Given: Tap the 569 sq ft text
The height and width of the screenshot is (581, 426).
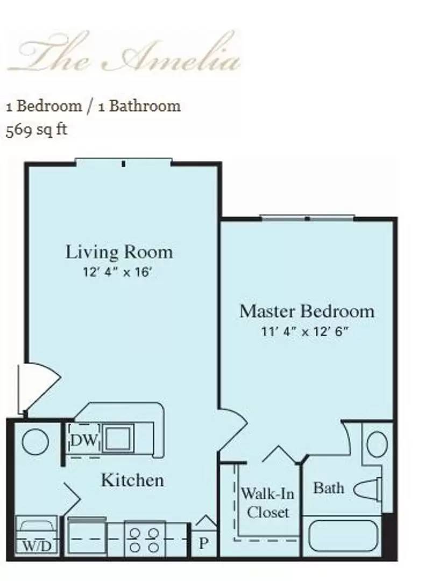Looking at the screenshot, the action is pyautogui.click(x=36, y=130).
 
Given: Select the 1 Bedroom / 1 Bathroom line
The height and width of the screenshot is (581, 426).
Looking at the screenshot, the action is pyautogui.click(x=93, y=106).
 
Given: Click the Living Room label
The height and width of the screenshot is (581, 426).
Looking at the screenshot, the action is pyautogui.click(x=119, y=252).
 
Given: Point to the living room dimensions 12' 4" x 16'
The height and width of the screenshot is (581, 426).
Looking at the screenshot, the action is pyautogui.click(x=117, y=272).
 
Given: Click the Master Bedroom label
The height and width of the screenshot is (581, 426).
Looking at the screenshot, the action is pyautogui.click(x=307, y=311).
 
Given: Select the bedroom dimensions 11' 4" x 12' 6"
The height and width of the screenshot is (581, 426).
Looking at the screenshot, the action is pyautogui.click(x=304, y=331).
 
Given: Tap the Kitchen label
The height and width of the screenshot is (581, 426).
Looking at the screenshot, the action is pyautogui.click(x=132, y=480).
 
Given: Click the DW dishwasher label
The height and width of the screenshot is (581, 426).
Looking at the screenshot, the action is pyautogui.click(x=84, y=441).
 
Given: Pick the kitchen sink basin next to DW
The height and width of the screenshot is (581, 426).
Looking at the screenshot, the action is pyautogui.click(x=118, y=438).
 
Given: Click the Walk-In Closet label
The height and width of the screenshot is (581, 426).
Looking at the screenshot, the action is pyautogui.click(x=267, y=503).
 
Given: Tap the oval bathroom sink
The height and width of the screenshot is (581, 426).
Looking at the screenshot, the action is pyautogui.click(x=377, y=444).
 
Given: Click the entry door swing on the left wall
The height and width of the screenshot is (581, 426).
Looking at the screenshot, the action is pyautogui.click(x=39, y=388).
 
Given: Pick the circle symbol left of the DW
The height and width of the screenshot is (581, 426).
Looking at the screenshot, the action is pyautogui.click(x=35, y=442).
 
